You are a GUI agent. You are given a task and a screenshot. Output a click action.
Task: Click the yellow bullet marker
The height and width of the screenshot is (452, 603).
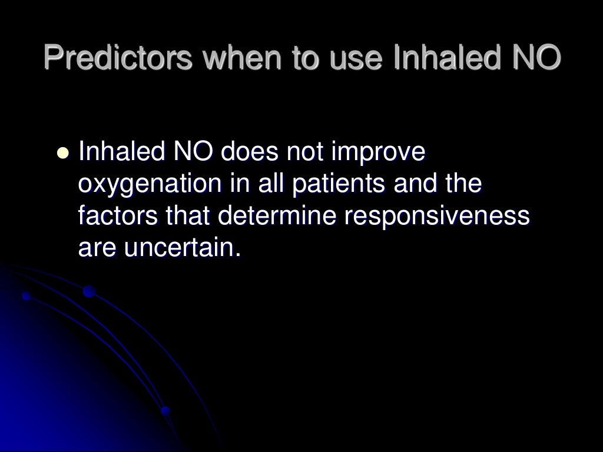coord(62,154)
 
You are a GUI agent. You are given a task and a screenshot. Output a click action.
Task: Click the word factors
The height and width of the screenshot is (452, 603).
coord(118,216)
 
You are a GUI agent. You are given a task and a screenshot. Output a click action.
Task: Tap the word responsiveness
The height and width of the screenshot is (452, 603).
coord(437,216)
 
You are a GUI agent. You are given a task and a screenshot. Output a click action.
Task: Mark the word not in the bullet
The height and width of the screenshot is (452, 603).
coord(305,152)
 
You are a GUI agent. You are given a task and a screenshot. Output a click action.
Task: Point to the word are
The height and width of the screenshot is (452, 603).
coord(97,248)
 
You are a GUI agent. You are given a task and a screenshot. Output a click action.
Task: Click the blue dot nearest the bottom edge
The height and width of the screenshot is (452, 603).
coord(165,411)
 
